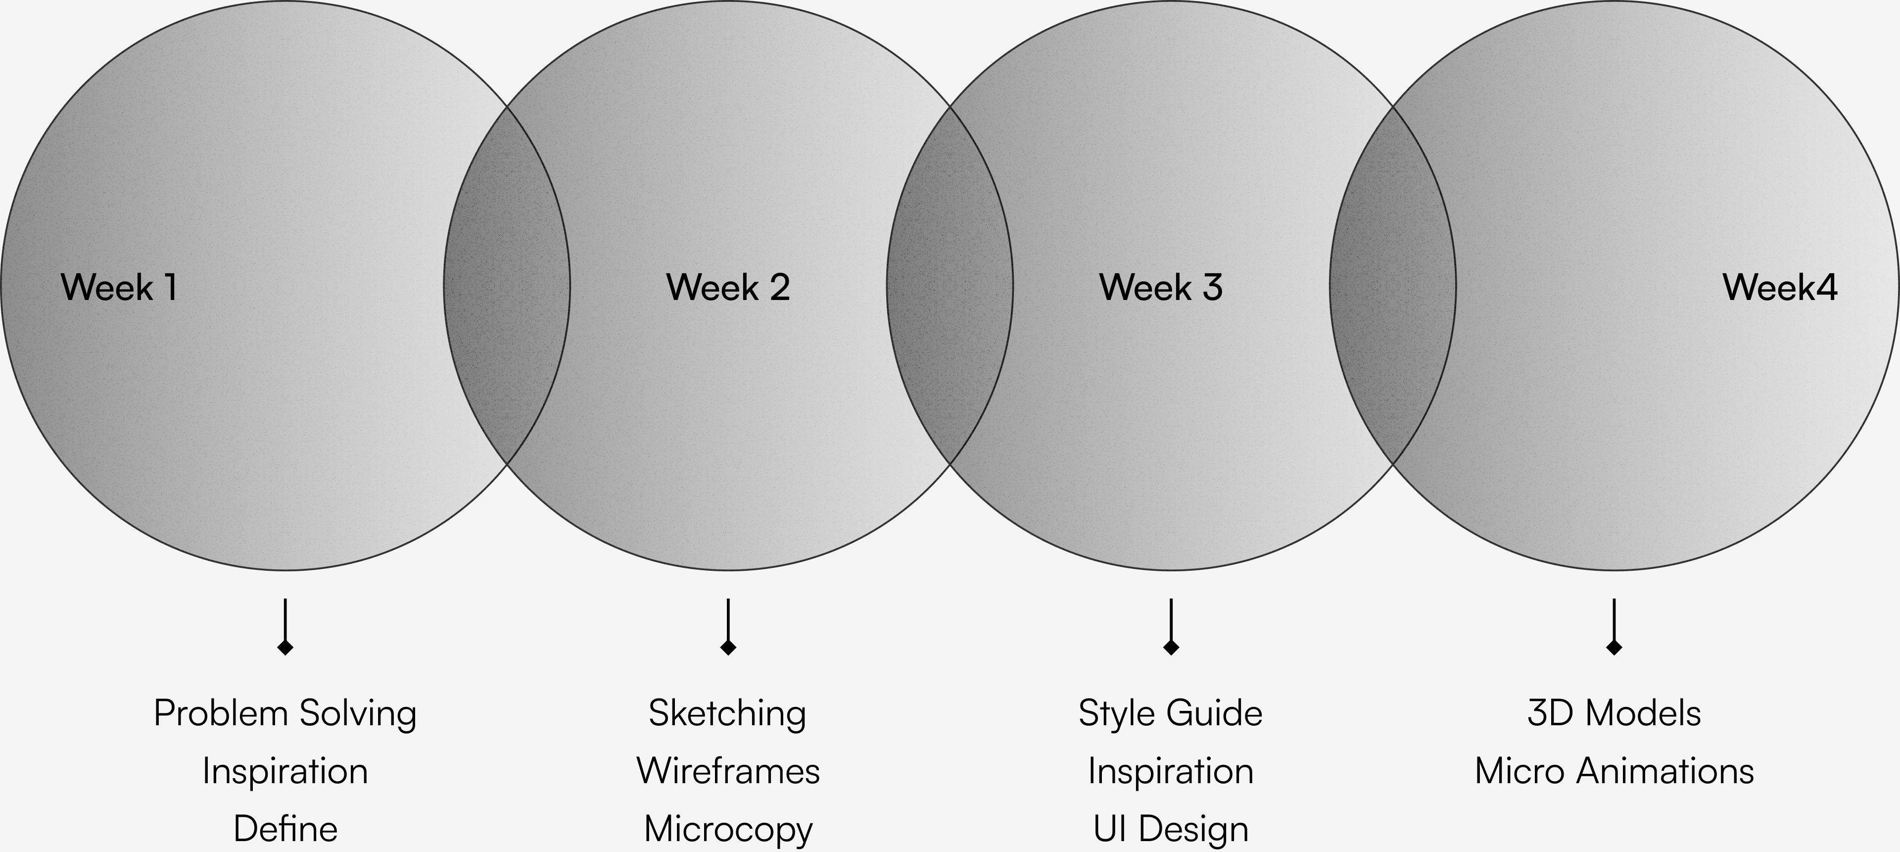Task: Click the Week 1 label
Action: (119, 287)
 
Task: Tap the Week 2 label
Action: (728, 287)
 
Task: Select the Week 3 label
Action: (1161, 287)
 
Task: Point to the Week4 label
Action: (1780, 287)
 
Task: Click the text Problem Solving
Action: (285, 713)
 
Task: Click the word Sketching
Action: (727, 713)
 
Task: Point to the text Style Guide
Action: (1171, 713)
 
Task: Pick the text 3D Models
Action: (1614, 713)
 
